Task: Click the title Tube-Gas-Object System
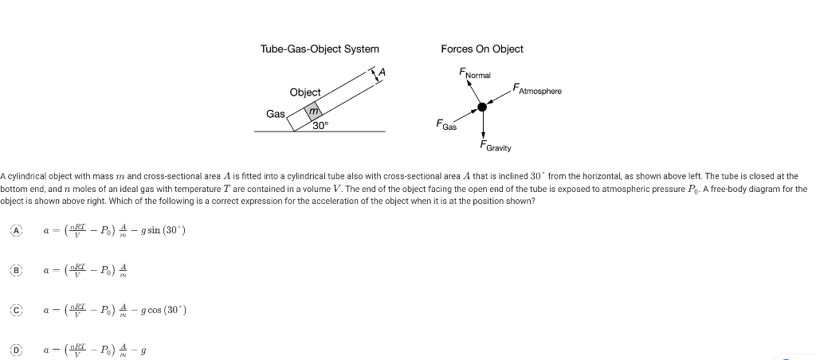point(320,49)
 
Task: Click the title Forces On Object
point(481,49)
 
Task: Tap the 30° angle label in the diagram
point(320,125)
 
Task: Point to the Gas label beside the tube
point(276,114)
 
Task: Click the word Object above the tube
point(304,92)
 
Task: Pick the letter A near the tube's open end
point(382,72)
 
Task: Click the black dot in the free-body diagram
point(482,107)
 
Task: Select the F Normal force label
point(475,73)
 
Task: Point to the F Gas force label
point(445,125)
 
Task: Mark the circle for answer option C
point(15,309)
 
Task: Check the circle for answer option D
point(15,348)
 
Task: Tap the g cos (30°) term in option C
point(163,310)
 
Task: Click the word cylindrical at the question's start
point(27,175)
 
